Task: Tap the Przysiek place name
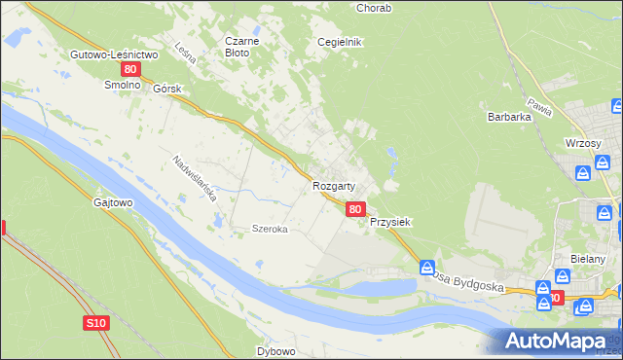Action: [x=390, y=222]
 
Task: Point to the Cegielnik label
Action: [x=340, y=42]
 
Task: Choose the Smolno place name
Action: [x=123, y=85]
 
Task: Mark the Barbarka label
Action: [x=509, y=117]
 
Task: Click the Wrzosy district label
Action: [x=583, y=142]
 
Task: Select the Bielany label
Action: [x=590, y=259]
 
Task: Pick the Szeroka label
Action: [x=269, y=229]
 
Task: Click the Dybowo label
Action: [x=275, y=350]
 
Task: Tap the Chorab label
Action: [x=374, y=8]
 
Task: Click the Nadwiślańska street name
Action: [x=194, y=178]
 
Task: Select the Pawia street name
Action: [x=539, y=106]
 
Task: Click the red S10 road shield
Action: [x=94, y=322]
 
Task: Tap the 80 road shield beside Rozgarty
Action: [x=355, y=208]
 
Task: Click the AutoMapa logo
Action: [x=554, y=342]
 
